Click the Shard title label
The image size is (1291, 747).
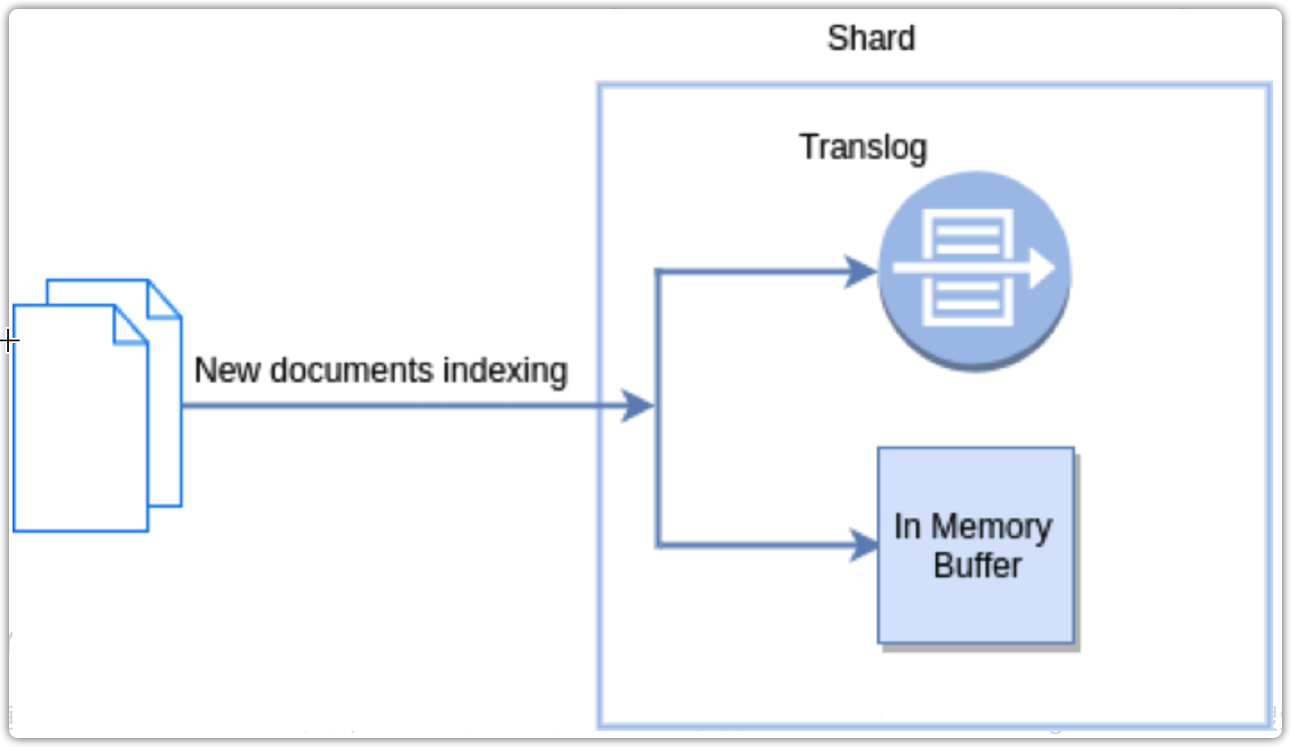pos(870,38)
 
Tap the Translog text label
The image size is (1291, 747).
pos(862,147)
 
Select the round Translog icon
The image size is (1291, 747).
pos(974,270)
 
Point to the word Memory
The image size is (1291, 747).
pos(991,528)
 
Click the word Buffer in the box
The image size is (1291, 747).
pos(978,566)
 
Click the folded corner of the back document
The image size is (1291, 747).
pos(164,298)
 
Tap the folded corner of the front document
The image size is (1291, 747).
pos(130,324)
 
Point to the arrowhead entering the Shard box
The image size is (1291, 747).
pos(637,406)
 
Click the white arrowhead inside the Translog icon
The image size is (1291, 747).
pos(1041,269)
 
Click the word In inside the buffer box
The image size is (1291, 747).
pos(907,527)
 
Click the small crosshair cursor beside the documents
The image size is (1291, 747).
pos(8,340)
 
